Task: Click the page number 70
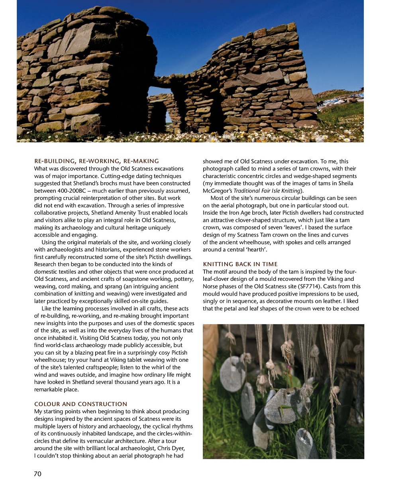click(x=37, y=474)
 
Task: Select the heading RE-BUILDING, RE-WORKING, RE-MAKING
click(x=96, y=161)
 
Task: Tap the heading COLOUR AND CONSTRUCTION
click(x=81, y=404)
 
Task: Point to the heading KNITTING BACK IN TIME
click(x=240, y=264)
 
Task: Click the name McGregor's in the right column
click(x=217, y=191)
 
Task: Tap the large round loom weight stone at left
click(x=232, y=373)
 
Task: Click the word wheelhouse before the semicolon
click(x=49, y=360)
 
